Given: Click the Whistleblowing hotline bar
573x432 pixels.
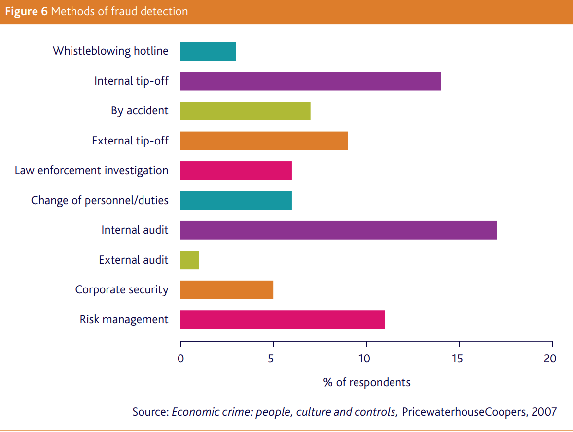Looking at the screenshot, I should [x=208, y=51].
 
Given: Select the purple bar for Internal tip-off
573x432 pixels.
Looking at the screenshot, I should [x=310, y=81].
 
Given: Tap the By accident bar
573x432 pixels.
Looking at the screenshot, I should [x=245, y=111].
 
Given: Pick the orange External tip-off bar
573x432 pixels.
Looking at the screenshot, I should [x=264, y=141].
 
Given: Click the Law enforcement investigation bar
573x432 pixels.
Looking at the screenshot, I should [x=236, y=171].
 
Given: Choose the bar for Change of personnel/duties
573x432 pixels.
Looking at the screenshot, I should [x=236, y=200].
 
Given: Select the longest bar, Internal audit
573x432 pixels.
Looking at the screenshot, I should [x=338, y=230].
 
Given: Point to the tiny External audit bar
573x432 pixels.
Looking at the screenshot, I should [x=189, y=260].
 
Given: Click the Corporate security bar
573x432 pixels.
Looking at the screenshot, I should [x=226, y=289].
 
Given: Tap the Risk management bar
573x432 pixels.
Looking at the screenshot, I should [x=282, y=320].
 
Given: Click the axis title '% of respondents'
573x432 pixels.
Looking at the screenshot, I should [x=366, y=382].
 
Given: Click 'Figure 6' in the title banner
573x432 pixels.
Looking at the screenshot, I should [x=26, y=11].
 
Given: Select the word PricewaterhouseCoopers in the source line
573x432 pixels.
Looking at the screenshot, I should [x=464, y=412].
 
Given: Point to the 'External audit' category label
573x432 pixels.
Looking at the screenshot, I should [x=134, y=260].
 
